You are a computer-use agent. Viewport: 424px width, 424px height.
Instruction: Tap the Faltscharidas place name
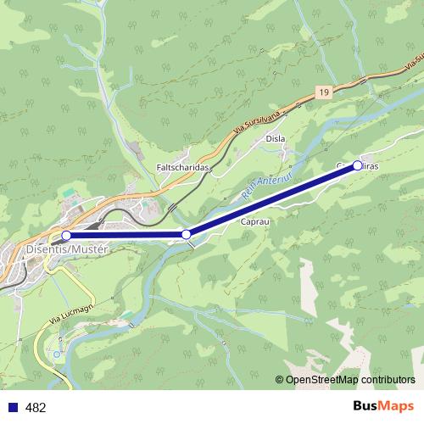(182, 167)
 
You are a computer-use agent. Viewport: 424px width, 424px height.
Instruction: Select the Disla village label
(275, 138)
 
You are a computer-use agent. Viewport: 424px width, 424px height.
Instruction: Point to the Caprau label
(254, 221)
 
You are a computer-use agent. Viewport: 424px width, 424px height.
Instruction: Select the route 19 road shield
(325, 91)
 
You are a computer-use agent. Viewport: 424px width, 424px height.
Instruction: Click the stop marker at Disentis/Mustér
(66, 235)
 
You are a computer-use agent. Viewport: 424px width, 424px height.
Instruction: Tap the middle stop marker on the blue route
(187, 234)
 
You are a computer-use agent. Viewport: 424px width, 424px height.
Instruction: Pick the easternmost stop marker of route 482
(357, 165)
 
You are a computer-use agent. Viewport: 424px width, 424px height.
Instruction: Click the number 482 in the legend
(36, 408)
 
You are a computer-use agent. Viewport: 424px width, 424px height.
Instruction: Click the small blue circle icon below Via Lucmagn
(57, 353)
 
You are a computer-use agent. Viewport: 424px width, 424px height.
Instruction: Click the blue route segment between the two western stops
(127, 235)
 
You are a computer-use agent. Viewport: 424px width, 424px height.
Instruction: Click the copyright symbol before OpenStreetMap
(280, 379)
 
